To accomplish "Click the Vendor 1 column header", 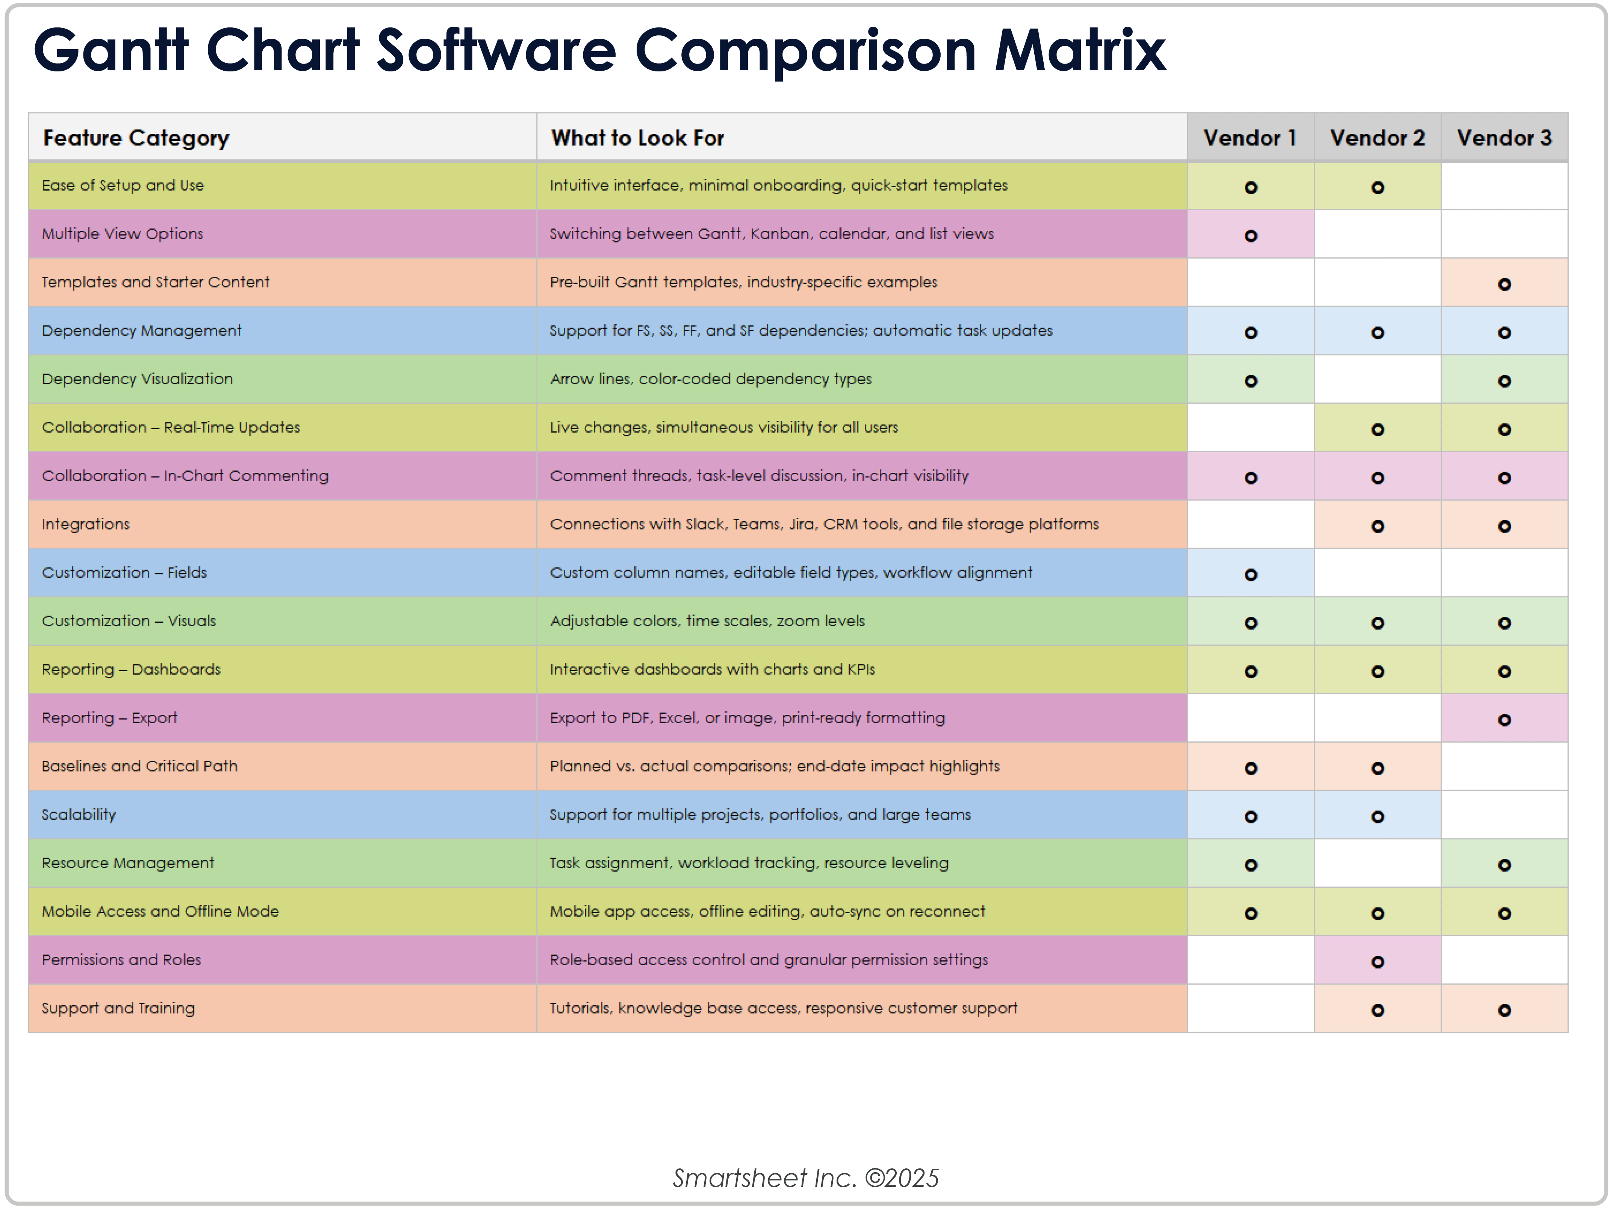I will point(1250,138).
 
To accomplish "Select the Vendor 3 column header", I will point(1504,138).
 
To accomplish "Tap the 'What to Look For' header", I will point(637,138).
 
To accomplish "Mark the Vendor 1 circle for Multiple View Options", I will point(1251,236).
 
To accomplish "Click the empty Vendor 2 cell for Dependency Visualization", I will point(1377,379).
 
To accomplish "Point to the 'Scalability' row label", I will point(79,814).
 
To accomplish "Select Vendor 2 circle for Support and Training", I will point(1377,1010).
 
